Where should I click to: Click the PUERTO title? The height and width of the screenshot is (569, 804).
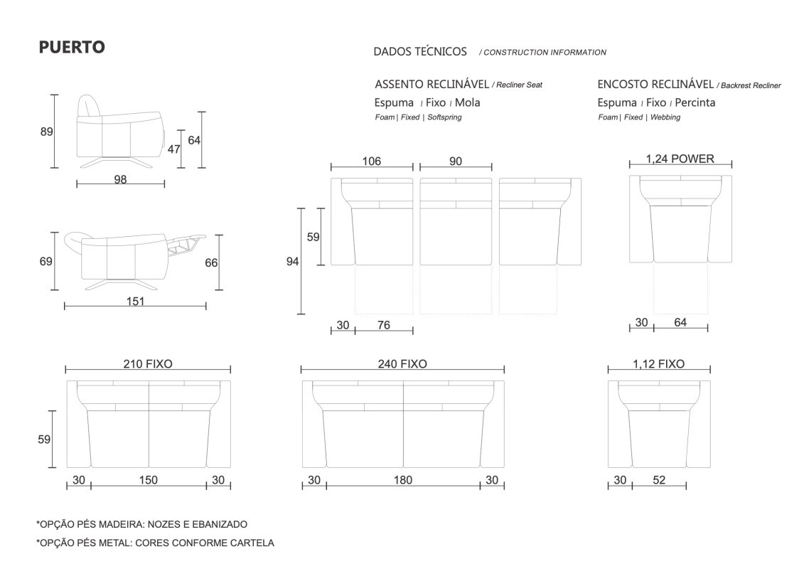[72, 47]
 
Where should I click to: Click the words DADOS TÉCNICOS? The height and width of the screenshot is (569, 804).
[420, 51]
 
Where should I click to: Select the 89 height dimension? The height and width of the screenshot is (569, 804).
[47, 132]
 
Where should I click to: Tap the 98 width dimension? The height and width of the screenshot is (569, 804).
[121, 179]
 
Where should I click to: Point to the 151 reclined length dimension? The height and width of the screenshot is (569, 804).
[135, 301]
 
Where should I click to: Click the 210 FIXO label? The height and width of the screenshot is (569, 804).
[148, 363]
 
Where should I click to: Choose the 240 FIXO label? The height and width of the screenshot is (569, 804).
[402, 363]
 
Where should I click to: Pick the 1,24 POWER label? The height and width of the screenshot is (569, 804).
[680, 159]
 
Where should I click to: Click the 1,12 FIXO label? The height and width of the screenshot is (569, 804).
[659, 363]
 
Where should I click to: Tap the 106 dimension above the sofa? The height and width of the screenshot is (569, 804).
[372, 161]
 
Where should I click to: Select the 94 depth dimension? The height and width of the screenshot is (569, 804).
[292, 262]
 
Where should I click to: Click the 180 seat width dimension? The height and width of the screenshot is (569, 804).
[403, 479]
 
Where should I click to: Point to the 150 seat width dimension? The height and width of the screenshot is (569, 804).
[148, 479]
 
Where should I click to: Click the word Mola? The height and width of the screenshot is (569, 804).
[468, 102]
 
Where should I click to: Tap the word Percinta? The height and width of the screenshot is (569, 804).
[695, 102]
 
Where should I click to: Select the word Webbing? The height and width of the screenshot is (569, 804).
[665, 117]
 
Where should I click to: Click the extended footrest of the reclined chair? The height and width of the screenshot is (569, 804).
[185, 243]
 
